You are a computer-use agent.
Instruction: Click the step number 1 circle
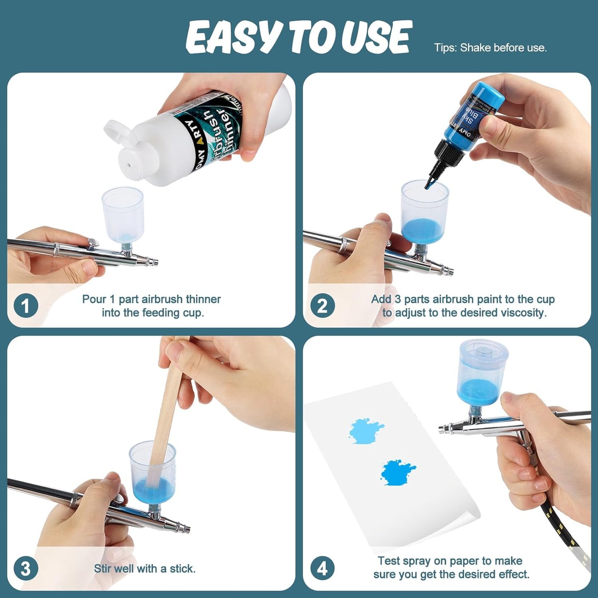point(26,306)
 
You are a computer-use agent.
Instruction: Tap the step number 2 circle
point(322,306)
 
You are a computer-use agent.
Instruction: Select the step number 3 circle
point(26,569)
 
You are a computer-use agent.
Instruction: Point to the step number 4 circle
point(322,569)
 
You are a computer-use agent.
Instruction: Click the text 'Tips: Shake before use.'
point(490,48)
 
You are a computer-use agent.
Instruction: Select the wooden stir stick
point(168,414)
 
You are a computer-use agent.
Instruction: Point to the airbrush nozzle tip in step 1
point(155,262)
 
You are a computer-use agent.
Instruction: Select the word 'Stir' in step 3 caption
point(103,569)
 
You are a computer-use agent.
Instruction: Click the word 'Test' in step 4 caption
point(388,561)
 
